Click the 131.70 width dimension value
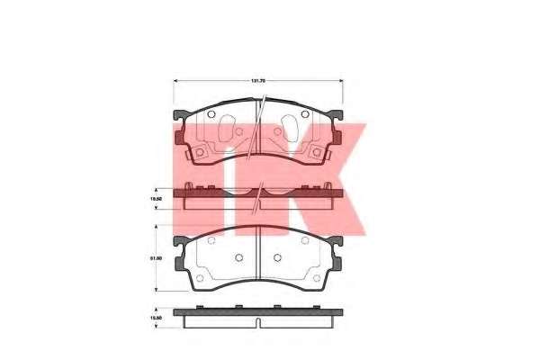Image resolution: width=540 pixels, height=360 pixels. (x=258, y=82)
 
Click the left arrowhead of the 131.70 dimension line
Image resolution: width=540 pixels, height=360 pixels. (x=175, y=82)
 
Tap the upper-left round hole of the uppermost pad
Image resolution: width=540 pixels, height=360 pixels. (x=210, y=114)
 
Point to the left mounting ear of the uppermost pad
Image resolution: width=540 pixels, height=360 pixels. (x=179, y=117)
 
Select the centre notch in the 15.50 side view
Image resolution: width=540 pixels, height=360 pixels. (x=258, y=322)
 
